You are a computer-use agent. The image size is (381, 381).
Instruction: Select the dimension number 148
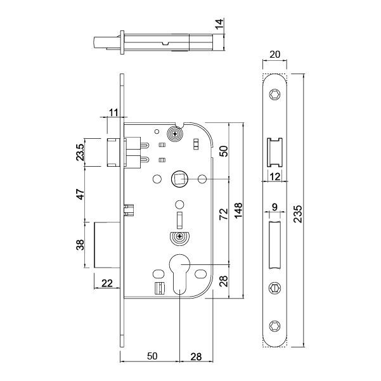pyautogui.click(x=239, y=210)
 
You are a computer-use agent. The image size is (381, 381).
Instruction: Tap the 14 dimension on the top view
pyautogui.click(x=219, y=25)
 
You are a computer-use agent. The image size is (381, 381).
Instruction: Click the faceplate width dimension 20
pyautogui.click(x=274, y=55)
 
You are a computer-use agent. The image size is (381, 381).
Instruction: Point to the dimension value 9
pyautogui.click(x=274, y=206)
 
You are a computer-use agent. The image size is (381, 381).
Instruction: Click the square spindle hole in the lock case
pyautogui.click(x=179, y=179)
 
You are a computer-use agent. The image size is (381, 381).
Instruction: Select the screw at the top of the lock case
pyautogui.click(x=174, y=134)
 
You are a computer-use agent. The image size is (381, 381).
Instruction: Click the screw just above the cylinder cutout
pyautogui.click(x=179, y=238)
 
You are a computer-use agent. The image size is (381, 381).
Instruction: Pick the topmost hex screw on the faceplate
pyautogui.click(x=274, y=94)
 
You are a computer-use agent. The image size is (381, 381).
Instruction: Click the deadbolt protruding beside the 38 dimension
pyautogui.click(x=107, y=245)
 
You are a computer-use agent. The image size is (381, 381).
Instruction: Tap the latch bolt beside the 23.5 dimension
pyautogui.click(x=114, y=152)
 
